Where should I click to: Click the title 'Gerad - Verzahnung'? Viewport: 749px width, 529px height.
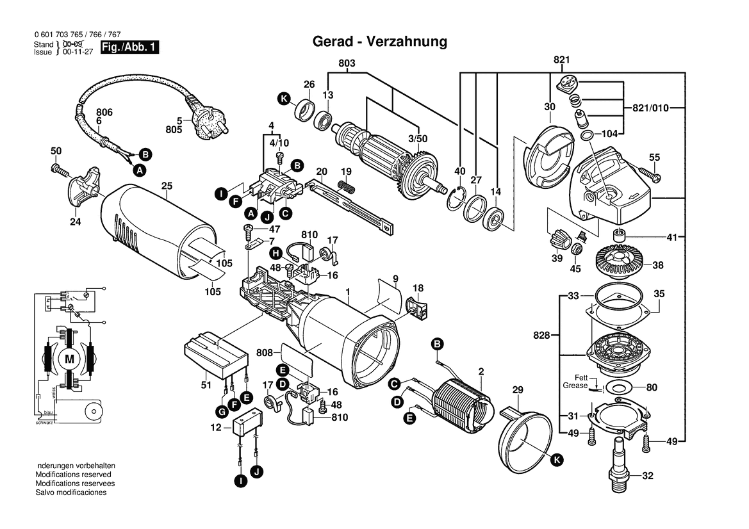pos(379,42)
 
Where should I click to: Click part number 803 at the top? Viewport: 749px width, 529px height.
pos(347,63)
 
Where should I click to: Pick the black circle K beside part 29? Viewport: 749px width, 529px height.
pos(556,459)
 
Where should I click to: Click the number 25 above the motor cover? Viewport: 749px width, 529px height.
pos(167,186)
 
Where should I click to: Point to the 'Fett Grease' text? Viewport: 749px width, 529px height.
pos(575,382)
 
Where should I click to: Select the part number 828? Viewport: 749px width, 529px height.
pos(541,334)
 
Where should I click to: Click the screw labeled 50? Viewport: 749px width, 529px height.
pos(60,170)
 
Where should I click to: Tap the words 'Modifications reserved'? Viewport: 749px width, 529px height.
pos(73,475)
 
